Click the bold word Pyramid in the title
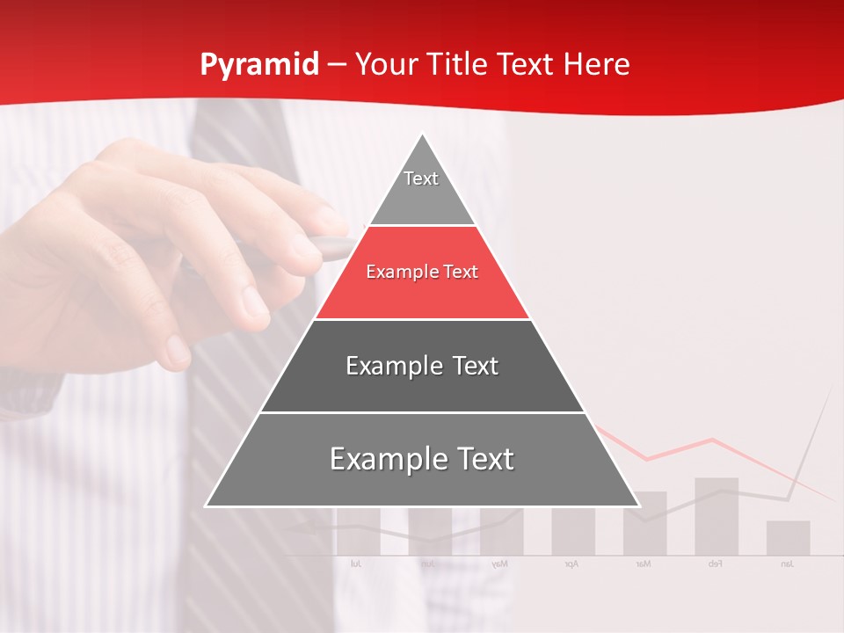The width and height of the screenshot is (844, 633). (x=259, y=65)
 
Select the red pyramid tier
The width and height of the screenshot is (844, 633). (x=422, y=273)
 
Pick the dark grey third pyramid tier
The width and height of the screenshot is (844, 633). (x=422, y=366)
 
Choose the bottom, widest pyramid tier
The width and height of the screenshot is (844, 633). (x=422, y=460)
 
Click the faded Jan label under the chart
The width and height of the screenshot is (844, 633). (x=787, y=564)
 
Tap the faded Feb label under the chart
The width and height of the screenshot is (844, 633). (x=715, y=564)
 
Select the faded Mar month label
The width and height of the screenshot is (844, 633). (x=644, y=564)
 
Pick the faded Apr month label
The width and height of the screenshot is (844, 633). (x=571, y=564)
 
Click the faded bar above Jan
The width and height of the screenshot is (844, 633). (x=788, y=537)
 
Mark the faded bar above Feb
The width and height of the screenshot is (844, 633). (x=717, y=516)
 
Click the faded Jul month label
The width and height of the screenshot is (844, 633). (x=356, y=564)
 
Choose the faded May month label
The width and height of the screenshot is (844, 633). (x=499, y=564)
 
